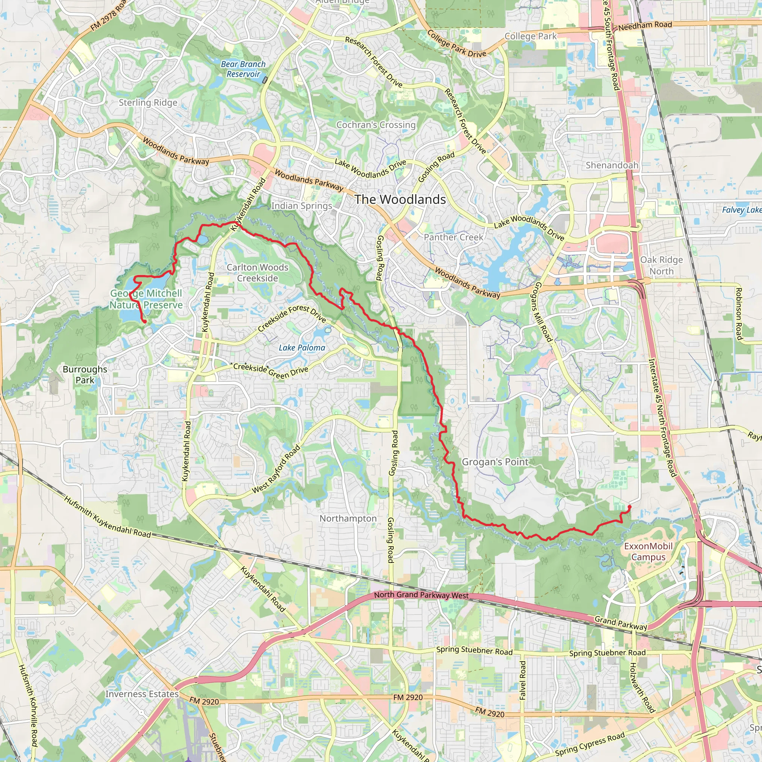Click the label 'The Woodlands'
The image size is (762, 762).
click(x=400, y=199)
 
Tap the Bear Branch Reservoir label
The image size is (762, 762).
click(x=243, y=69)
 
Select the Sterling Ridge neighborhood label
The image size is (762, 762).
click(x=148, y=103)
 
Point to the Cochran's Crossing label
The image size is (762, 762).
click(x=376, y=125)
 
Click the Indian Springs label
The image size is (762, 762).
click(x=301, y=205)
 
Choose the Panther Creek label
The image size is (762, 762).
click(x=453, y=237)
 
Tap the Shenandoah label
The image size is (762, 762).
click(x=612, y=165)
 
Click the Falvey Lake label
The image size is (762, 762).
click(x=742, y=210)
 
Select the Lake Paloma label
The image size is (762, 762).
click(x=302, y=348)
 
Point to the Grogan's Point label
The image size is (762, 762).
click(x=494, y=462)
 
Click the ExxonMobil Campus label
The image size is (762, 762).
click(x=648, y=551)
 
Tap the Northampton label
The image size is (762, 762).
click(x=348, y=518)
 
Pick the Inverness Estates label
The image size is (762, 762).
click(x=142, y=694)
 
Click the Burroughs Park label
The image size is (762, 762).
click(x=85, y=375)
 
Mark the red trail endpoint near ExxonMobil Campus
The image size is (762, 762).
click(x=630, y=507)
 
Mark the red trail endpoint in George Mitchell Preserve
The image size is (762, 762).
click(x=145, y=322)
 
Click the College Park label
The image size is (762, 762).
click(x=531, y=36)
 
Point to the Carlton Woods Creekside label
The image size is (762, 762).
click(x=257, y=272)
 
